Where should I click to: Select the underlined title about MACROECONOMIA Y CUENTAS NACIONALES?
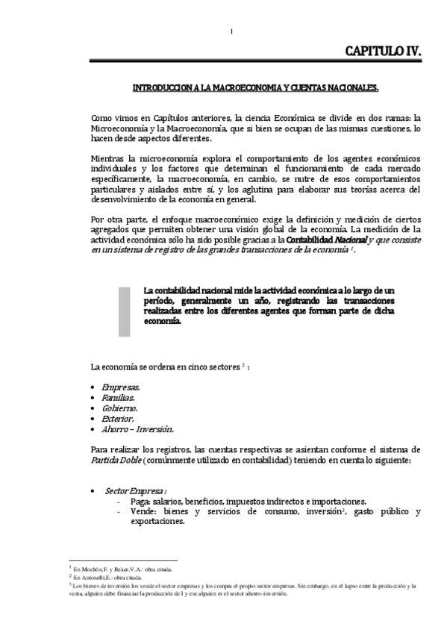pos(255,88)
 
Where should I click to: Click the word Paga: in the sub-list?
pos(140,502)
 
